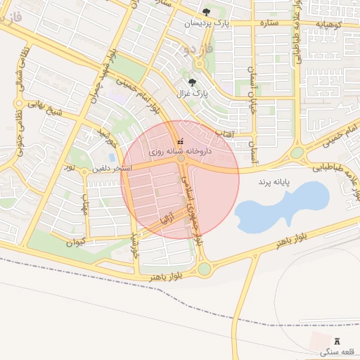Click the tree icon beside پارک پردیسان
(x=206, y=12)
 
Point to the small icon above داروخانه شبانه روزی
(x=181, y=141)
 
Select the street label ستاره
(x=269, y=22)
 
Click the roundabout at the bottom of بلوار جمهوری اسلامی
(x=205, y=268)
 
